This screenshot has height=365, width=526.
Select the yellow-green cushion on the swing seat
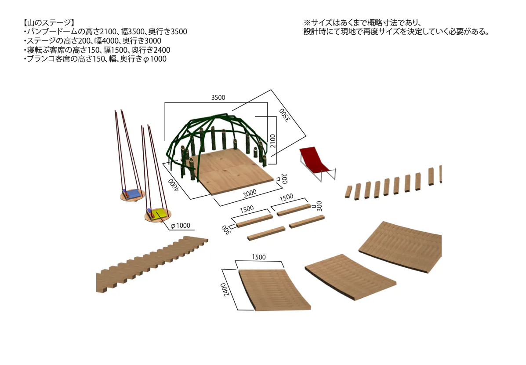point(160,213)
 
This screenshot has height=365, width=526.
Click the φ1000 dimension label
point(181,226)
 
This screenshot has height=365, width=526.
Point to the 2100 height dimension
point(273,141)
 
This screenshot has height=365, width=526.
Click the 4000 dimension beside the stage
point(174,185)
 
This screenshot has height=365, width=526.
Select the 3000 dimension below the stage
point(250,194)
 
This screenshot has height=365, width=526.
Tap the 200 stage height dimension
point(284,179)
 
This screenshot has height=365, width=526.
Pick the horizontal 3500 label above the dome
point(218,98)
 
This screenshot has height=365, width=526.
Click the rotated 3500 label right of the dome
point(284,115)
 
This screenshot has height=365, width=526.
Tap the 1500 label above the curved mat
point(259,257)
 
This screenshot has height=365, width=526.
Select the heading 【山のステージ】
point(48,22)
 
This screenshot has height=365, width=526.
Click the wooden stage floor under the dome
point(232,171)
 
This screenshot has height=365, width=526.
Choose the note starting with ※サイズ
point(397,27)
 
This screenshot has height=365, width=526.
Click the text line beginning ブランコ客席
point(95,59)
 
